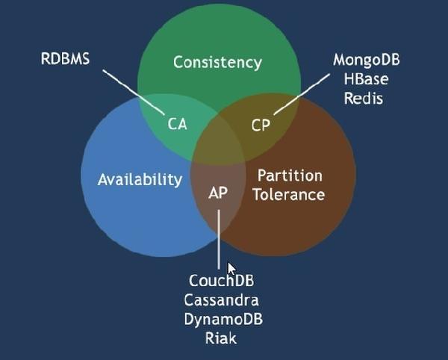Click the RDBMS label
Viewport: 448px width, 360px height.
pyautogui.click(x=65, y=58)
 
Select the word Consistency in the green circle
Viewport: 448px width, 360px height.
pyautogui.click(x=217, y=62)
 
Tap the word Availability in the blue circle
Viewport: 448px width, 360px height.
pyautogui.click(x=140, y=179)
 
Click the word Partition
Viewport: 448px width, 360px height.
pyautogui.click(x=290, y=176)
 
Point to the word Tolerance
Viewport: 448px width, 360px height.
pyautogui.click(x=289, y=195)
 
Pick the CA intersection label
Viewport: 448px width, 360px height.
pyautogui.click(x=177, y=124)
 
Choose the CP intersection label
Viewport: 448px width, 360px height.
pyautogui.click(x=261, y=125)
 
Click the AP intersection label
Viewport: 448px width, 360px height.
pyautogui.click(x=218, y=193)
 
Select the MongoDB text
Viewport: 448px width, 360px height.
pyautogui.click(x=367, y=60)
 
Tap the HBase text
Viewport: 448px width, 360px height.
pyautogui.click(x=366, y=79)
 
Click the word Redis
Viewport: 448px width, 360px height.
pyautogui.click(x=363, y=99)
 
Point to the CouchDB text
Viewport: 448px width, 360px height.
pyautogui.click(x=221, y=280)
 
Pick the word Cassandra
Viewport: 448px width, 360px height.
pyautogui.click(x=221, y=300)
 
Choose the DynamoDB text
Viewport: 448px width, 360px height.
pyautogui.click(x=223, y=320)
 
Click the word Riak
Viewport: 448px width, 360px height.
pyautogui.click(x=221, y=338)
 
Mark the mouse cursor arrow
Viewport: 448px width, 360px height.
pyautogui.click(x=231, y=269)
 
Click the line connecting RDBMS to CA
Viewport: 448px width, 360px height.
pyautogui.click(x=134, y=92)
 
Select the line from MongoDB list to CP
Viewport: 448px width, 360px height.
pyautogui.click(x=302, y=94)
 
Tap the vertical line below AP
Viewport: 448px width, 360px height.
pyautogui.click(x=219, y=240)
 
